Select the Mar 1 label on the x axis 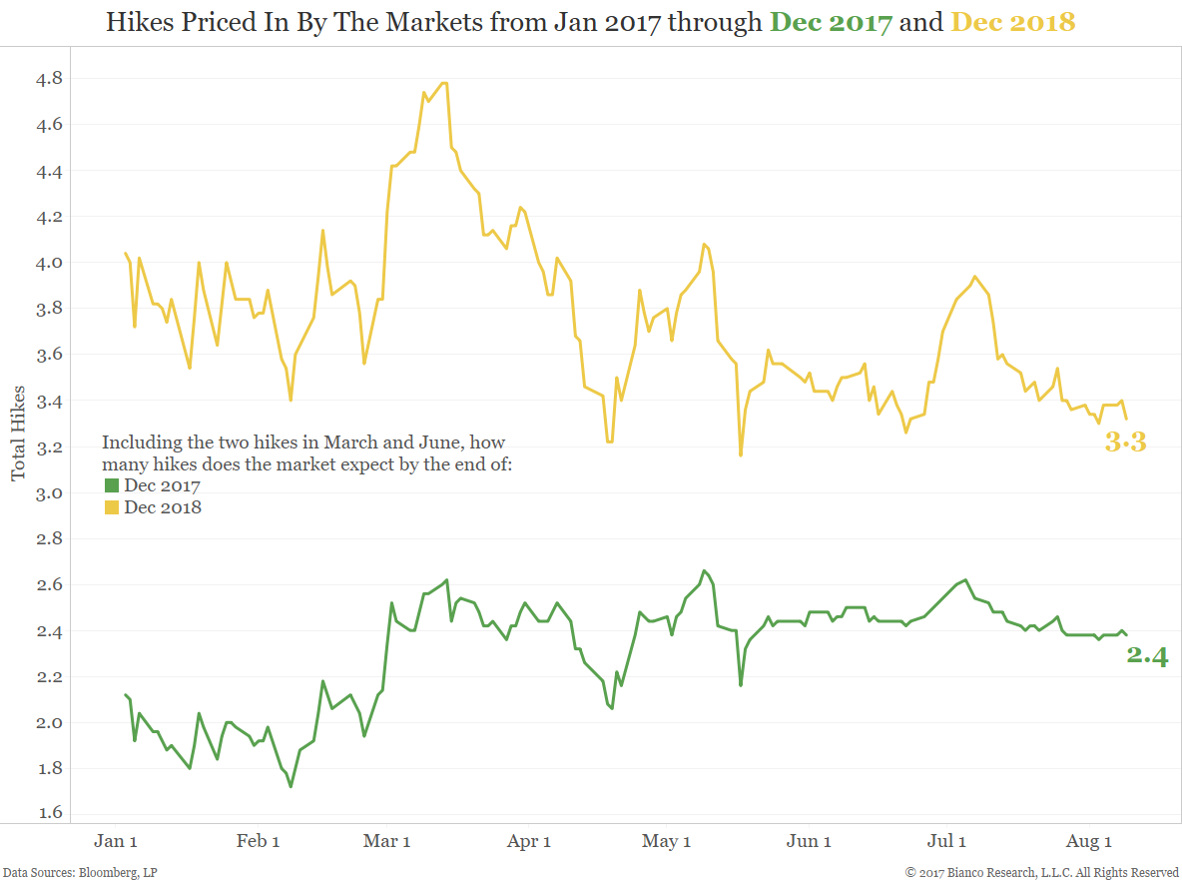click(386, 842)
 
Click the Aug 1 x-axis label click(1089, 842)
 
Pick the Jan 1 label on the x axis click(116, 842)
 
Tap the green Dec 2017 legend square click(111, 486)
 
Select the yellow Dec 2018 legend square click(111, 508)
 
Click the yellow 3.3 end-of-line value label click(1125, 443)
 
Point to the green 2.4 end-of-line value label click(1147, 656)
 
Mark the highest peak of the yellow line click(444, 83)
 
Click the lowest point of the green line click(291, 786)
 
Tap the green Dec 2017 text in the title click(831, 21)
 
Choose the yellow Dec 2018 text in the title click(1012, 21)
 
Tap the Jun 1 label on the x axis click(809, 842)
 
